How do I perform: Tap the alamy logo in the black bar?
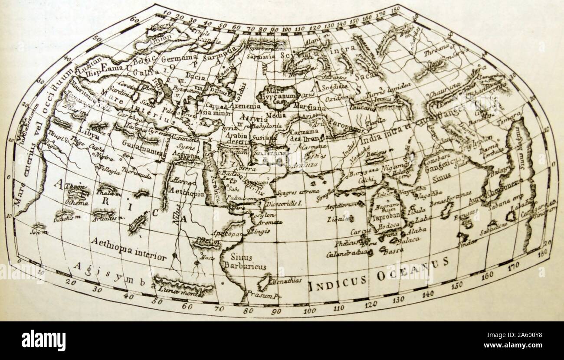coord(43,340)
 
